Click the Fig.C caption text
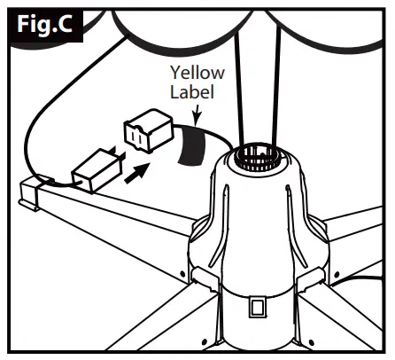click(x=46, y=27)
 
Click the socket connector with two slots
click(x=146, y=134)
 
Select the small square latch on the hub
click(x=257, y=307)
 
